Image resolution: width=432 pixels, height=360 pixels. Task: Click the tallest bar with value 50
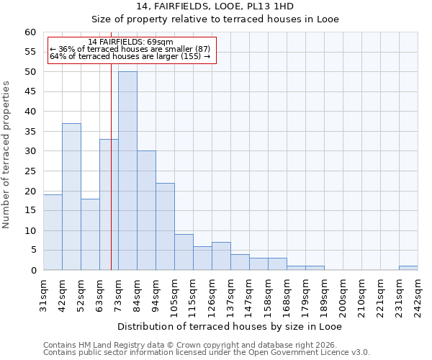(127, 171)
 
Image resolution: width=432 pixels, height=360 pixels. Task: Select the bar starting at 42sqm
(71, 197)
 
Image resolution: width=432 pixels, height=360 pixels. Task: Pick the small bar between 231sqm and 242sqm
(408, 268)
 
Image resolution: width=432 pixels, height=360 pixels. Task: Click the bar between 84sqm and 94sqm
(146, 210)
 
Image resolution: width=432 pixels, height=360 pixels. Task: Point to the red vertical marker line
(111, 180)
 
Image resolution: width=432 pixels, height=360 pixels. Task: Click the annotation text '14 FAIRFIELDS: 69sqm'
(130, 42)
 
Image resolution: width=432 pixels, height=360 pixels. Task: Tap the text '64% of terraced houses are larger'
(125, 56)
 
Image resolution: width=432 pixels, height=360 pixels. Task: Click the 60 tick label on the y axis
(30, 32)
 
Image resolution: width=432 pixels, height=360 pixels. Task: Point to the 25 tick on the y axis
(30, 171)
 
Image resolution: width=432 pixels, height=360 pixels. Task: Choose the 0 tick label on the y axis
(33, 271)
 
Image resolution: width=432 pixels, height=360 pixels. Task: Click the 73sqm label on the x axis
(118, 292)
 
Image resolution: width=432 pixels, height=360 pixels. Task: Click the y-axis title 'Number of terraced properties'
(7, 155)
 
